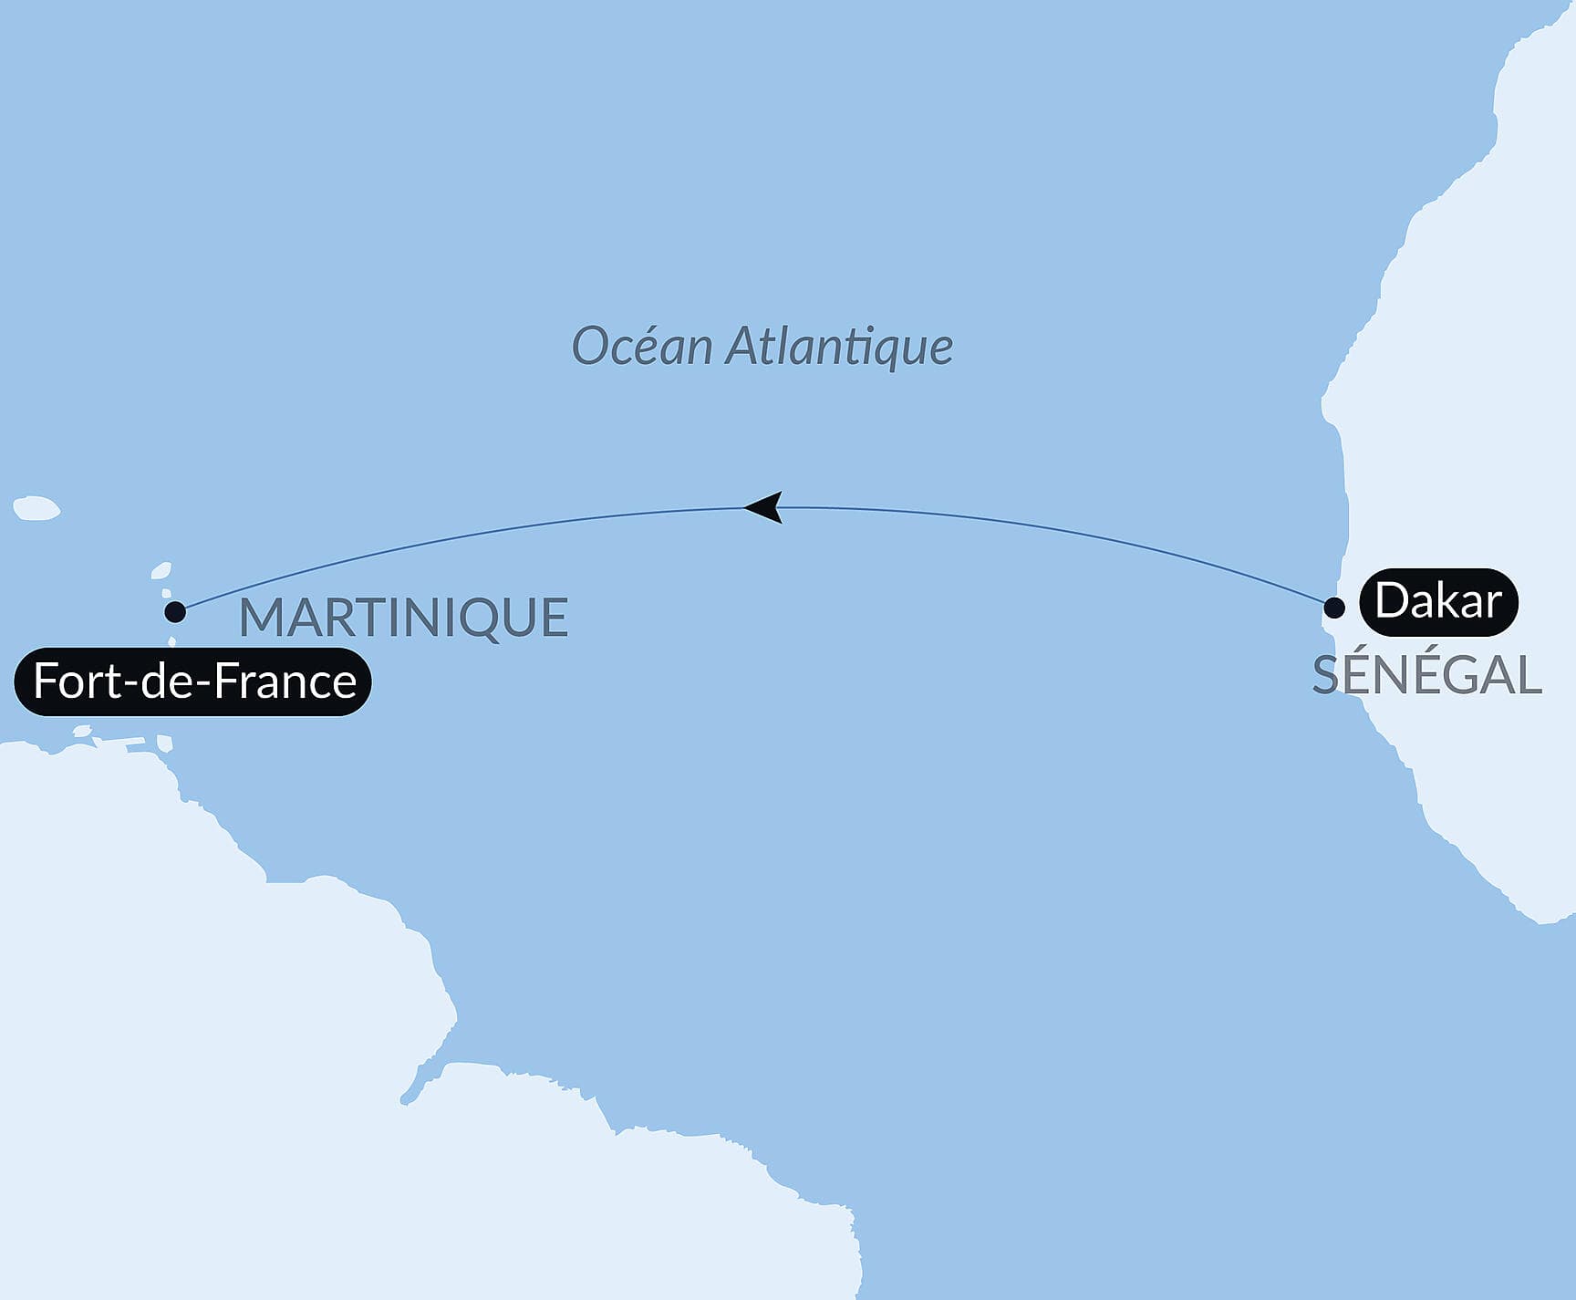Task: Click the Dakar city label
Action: [1438, 601]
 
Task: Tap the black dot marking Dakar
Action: [1334, 608]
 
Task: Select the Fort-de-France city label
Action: [193, 681]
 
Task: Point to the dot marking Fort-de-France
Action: [175, 611]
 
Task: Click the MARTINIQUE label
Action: [403, 618]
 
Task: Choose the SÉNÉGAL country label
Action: [1426, 676]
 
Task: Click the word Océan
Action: [641, 347]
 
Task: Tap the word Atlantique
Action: [839, 347]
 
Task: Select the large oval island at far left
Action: [36, 508]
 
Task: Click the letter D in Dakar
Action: [1392, 601]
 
